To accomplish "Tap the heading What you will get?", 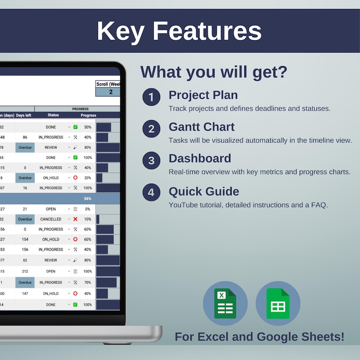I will (x=214, y=72).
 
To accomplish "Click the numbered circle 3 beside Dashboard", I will (x=151, y=161).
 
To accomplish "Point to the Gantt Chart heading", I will (x=202, y=126).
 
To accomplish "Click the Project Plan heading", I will (x=203, y=95).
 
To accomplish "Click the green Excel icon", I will (x=225, y=303).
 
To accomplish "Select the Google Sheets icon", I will (x=278, y=303).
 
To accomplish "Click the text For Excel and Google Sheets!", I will (x=259, y=337).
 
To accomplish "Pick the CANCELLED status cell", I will (x=50, y=219).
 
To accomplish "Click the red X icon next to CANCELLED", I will (x=75, y=219).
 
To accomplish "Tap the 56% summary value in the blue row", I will (x=88, y=199).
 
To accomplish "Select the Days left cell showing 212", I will (x=25, y=271).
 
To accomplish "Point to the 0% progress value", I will (x=88, y=209).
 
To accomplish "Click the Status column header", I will (x=53, y=115).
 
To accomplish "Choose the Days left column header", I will (x=24, y=115).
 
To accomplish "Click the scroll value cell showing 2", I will (x=110, y=92).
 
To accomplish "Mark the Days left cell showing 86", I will (x=25, y=137).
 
